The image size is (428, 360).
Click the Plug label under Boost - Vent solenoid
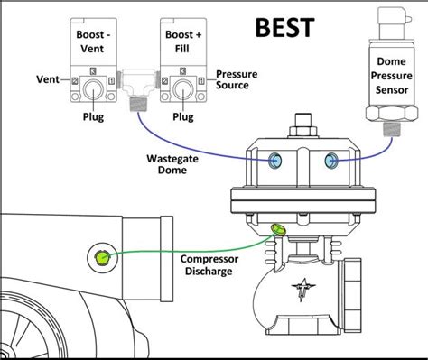[x=92, y=117]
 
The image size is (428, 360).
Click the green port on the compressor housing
[x=102, y=259]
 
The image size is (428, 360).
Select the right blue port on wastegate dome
[x=332, y=161]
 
